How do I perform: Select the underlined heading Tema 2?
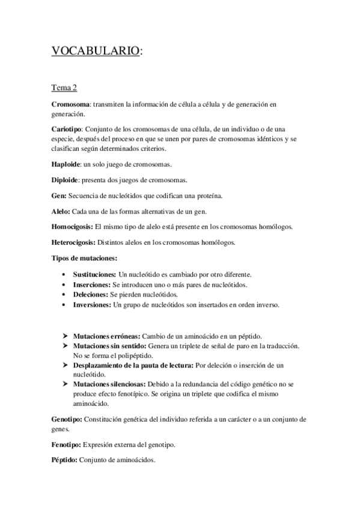click(x=64, y=88)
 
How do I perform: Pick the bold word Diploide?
click(x=64, y=180)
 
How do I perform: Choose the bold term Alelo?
click(x=60, y=211)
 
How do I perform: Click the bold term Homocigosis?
click(x=72, y=227)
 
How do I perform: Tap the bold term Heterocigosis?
click(x=73, y=242)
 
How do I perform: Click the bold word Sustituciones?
click(x=92, y=274)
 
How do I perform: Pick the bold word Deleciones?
click(x=89, y=295)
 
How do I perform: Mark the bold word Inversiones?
click(x=91, y=305)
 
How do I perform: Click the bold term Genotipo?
click(x=64, y=419)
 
